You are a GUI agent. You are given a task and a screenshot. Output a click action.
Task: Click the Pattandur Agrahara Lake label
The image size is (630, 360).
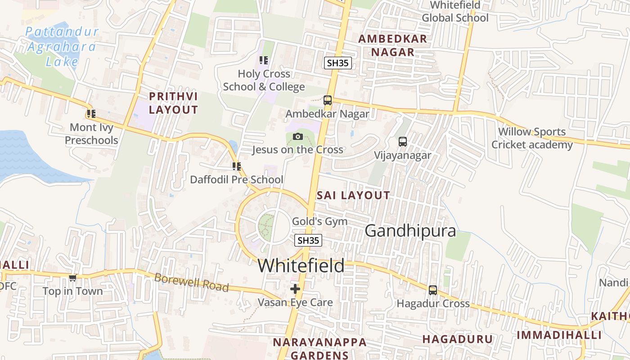pos(62,47)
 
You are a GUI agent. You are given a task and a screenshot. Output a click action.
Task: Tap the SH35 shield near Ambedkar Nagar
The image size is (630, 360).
pos(337,63)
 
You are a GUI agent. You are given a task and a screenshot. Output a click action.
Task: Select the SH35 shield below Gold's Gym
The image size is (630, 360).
pos(308,240)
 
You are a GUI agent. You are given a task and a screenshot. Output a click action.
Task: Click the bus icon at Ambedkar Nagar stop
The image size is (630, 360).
pos(328,100)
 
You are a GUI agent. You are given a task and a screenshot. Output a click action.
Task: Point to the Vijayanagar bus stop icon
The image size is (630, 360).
pos(403,142)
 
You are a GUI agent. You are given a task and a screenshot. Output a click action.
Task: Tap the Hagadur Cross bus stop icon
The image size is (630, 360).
pos(433,290)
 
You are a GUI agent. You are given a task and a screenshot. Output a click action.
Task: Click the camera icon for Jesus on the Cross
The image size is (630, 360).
pos(297,136)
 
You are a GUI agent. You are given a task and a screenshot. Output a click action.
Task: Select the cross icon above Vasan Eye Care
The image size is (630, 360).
pos(295,288)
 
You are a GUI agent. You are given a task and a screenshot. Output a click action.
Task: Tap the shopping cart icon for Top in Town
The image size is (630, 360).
pos(72,278)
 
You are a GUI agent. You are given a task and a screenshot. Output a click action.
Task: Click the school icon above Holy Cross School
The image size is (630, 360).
pos(264,60)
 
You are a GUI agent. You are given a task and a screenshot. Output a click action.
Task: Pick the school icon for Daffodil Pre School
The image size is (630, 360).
pos(237,166)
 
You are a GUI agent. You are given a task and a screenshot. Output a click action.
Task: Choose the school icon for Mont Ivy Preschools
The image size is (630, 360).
pos(91,114)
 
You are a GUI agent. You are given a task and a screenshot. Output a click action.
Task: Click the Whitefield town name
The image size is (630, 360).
pos(301,265)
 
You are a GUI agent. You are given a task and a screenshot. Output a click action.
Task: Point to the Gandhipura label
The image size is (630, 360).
pos(410,231)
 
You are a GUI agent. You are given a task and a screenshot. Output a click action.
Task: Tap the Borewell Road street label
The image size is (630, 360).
pos(191,282)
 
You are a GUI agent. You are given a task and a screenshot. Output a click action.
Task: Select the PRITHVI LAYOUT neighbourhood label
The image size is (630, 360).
pos(173,103)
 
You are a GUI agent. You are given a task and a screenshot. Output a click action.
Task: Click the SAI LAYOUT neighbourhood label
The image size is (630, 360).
pos(353,195)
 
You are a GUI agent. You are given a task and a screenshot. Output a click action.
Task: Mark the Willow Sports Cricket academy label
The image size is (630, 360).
pos(532,138)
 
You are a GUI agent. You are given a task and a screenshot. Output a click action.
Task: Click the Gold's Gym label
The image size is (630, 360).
pos(319,221)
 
